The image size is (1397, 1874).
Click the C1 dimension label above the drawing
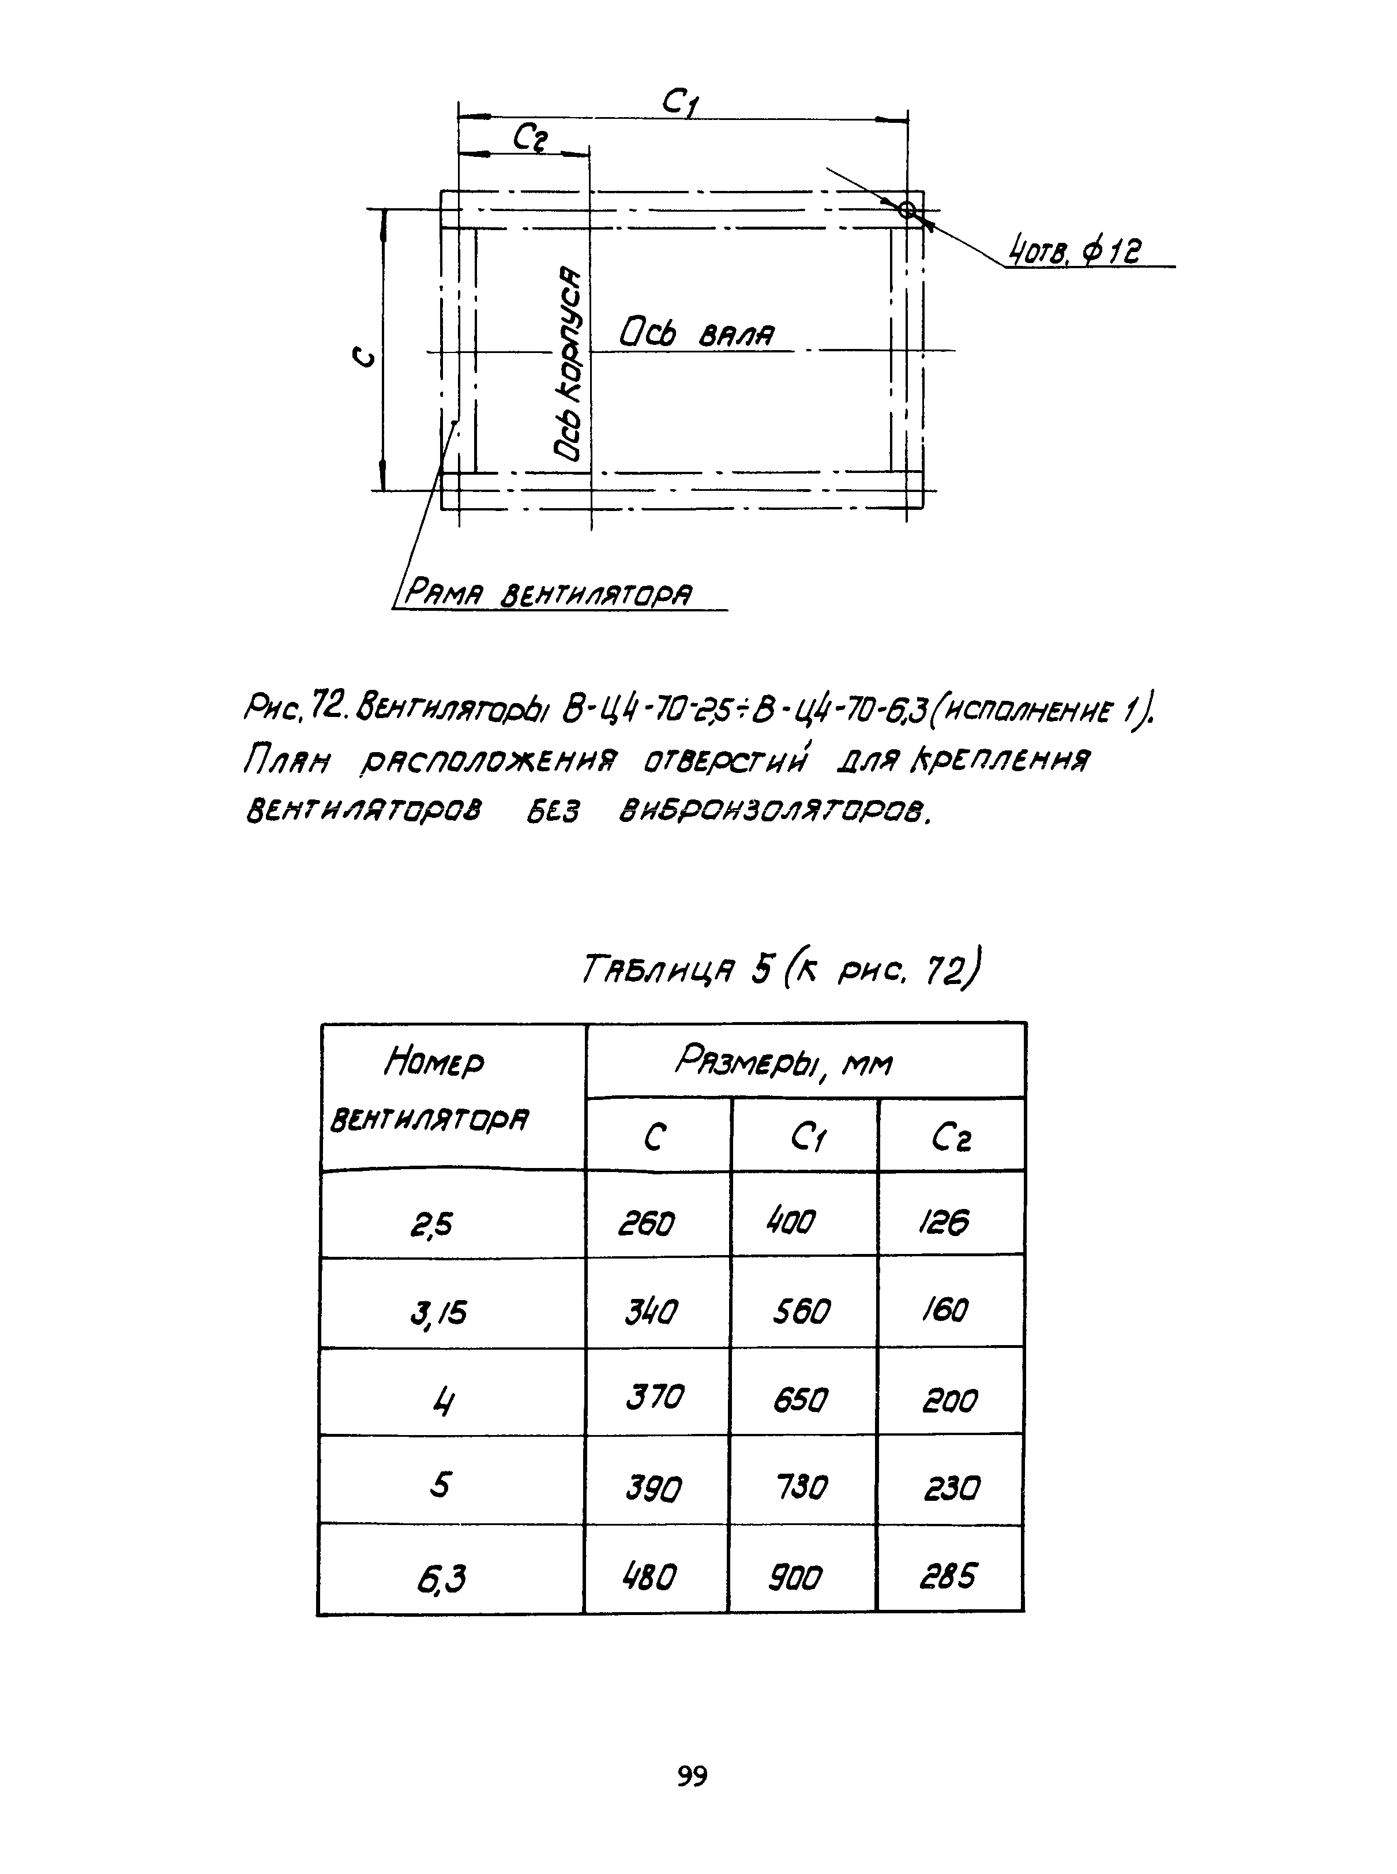681,103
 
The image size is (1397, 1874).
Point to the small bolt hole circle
907,210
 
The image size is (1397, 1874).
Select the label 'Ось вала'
697,333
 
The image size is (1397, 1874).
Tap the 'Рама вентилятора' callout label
548,594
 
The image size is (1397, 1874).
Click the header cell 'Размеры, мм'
783,1061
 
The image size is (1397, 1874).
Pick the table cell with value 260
647,1223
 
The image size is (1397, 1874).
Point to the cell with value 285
948,1575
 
